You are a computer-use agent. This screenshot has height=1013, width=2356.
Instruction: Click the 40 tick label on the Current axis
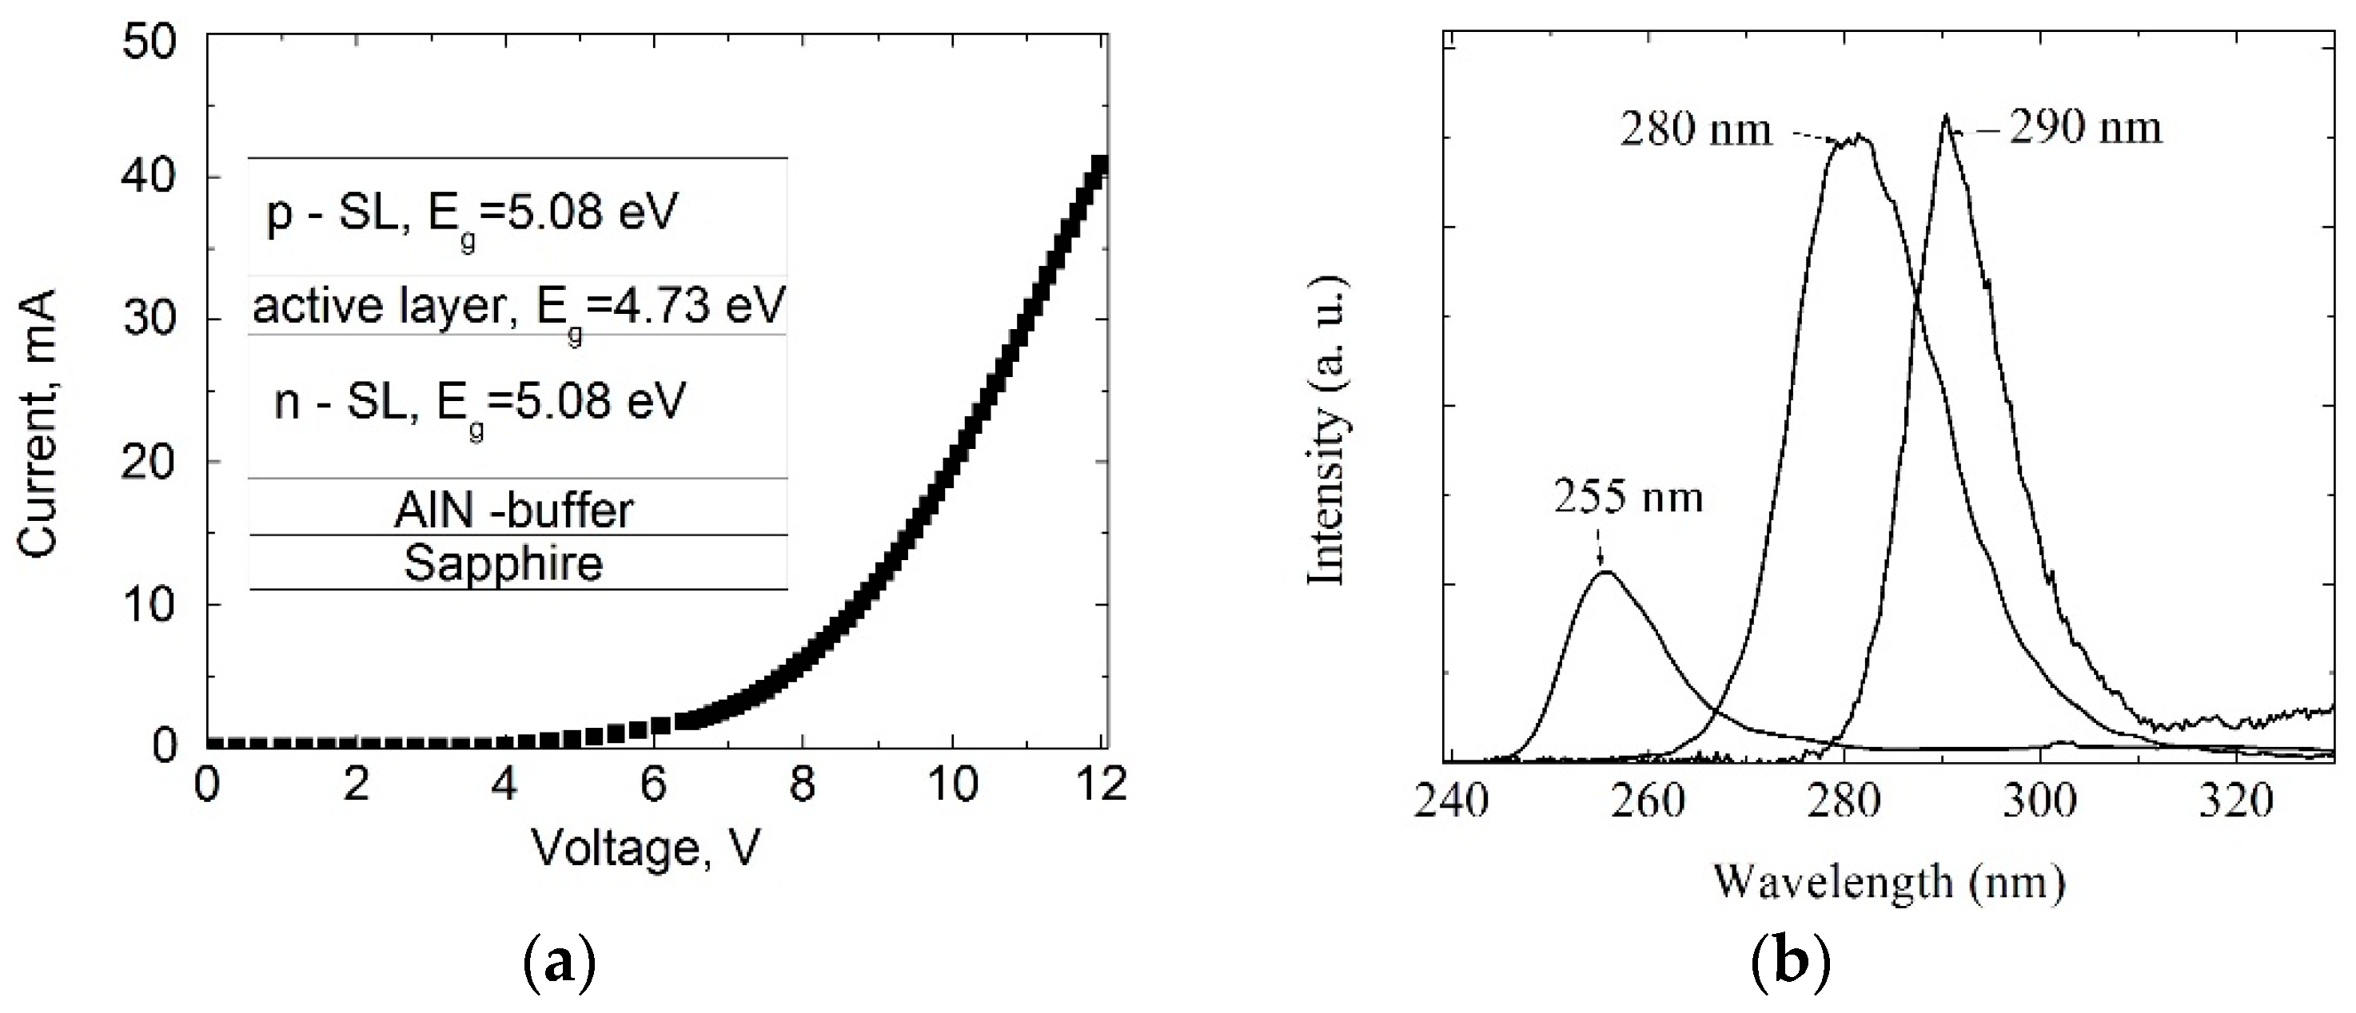coord(151,177)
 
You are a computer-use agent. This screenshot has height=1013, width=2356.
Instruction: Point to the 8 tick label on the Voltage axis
coord(802,785)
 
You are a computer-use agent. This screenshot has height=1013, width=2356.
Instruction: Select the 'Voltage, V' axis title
coord(646,848)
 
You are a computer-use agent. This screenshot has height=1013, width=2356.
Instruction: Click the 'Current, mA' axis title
coord(38,423)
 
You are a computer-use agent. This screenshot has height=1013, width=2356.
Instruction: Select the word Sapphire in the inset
coord(504,563)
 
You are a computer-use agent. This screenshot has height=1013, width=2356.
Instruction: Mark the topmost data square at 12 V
coord(1101,165)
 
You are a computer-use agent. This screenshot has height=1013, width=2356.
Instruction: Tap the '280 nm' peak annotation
coord(1696,130)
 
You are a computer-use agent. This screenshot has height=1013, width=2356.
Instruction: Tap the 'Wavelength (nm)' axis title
coord(1888,882)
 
